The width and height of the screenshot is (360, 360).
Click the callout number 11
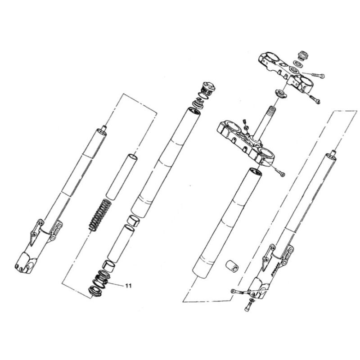pos(128,286)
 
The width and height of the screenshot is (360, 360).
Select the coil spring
pos(100,215)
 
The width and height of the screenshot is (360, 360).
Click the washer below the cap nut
pos(298,63)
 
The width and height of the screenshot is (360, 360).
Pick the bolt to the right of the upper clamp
pos(318,75)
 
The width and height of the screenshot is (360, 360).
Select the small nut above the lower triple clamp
pos(246,128)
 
